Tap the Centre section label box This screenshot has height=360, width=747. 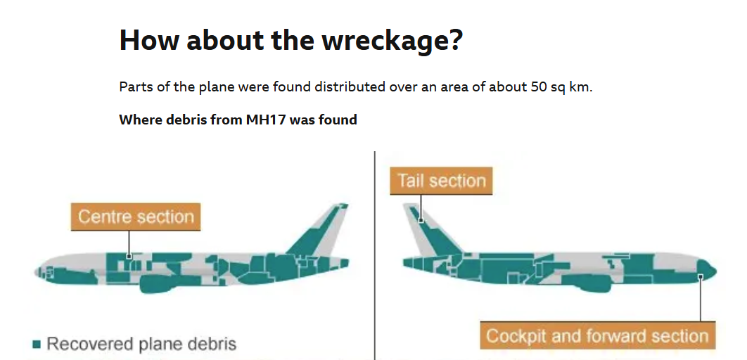(x=136, y=217)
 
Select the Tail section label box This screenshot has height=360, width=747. (x=441, y=181)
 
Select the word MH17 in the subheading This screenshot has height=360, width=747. (x=266, y=120)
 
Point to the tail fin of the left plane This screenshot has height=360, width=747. (x=320, y=231)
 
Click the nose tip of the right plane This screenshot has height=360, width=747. (x=715, y=271)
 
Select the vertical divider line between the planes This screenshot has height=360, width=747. (x=375, y=256)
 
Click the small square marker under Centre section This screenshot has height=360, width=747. (x=129, y=256)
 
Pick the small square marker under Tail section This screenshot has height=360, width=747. (x=421, y=221)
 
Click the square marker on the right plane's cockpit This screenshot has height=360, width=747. (x=701, y=276)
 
